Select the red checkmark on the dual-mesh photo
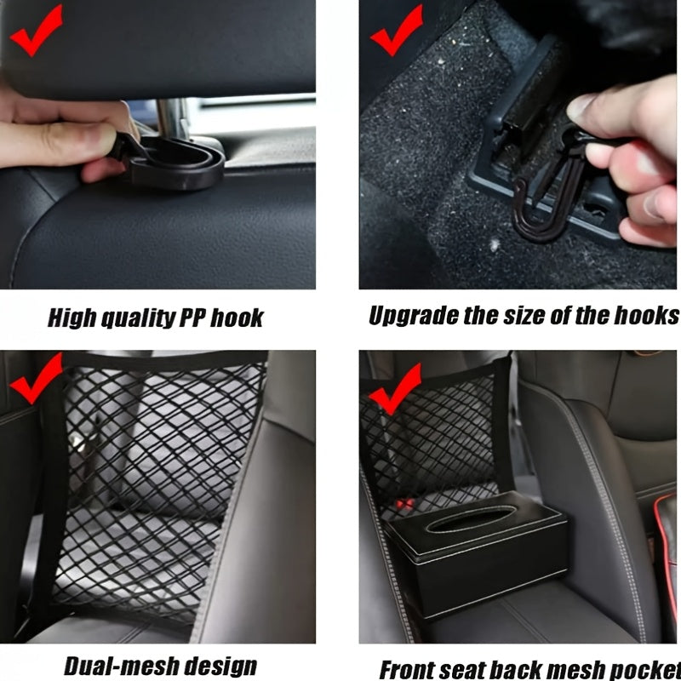34,381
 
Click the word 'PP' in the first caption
192,319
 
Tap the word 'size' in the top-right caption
538,316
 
